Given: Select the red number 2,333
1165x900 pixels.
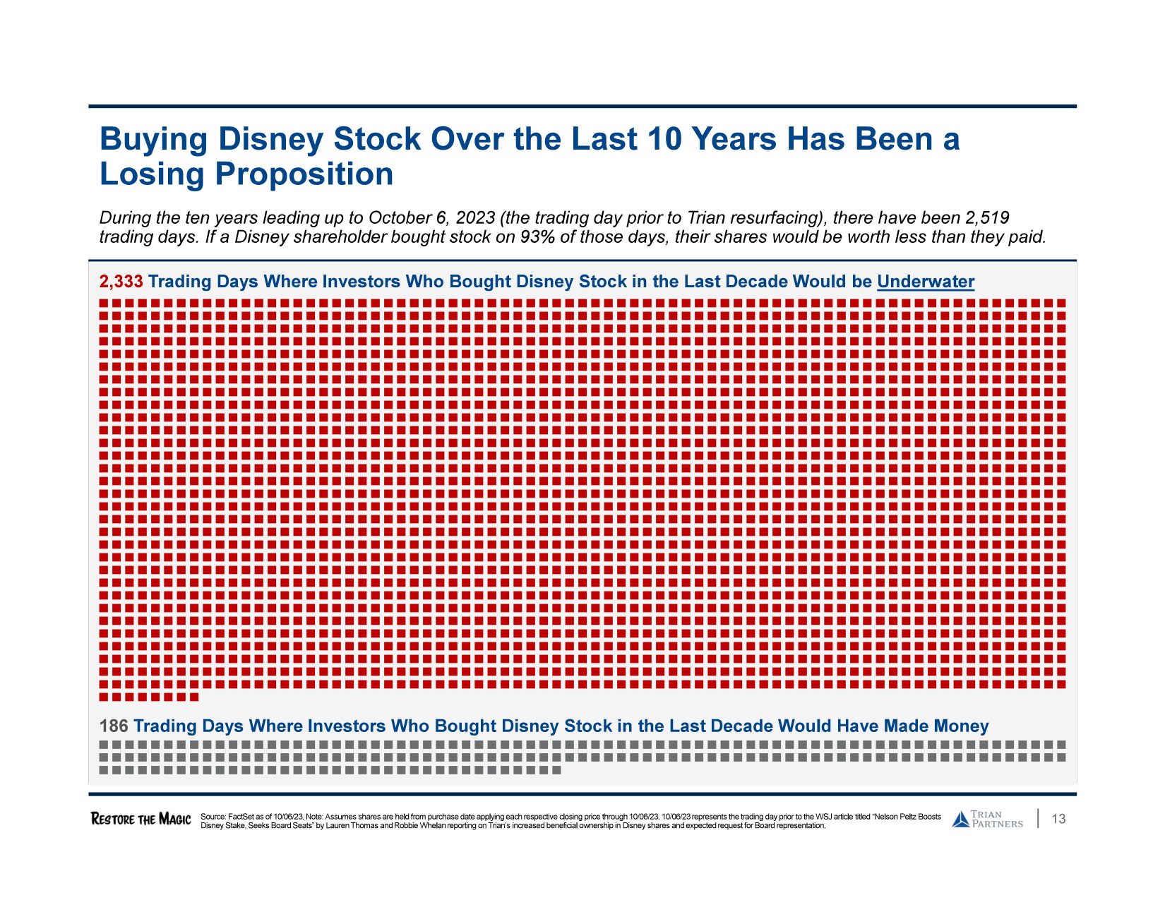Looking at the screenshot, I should [121, 282].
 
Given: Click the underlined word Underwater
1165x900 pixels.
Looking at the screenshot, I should [925, 282].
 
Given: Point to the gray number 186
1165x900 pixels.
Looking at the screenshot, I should [114, 726].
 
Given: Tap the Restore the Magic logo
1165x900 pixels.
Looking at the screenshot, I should [141, 819].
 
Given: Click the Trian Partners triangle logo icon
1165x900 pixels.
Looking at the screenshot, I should [960, 820].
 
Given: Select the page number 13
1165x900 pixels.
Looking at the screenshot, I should [1058, 819].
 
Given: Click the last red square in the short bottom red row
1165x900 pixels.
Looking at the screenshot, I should [194, 697].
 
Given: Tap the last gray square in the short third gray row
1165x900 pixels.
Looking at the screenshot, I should [556, 770].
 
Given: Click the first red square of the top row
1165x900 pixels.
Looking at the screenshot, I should [104, 303].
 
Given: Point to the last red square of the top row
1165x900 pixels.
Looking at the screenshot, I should [1061, 303].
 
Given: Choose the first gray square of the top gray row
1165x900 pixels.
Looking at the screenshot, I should [104, 745].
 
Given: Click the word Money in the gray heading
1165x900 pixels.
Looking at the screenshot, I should [961, 726].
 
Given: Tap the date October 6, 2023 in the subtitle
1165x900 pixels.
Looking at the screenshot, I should [431, 218].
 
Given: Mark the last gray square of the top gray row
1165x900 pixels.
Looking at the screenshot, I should [1061, 745].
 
